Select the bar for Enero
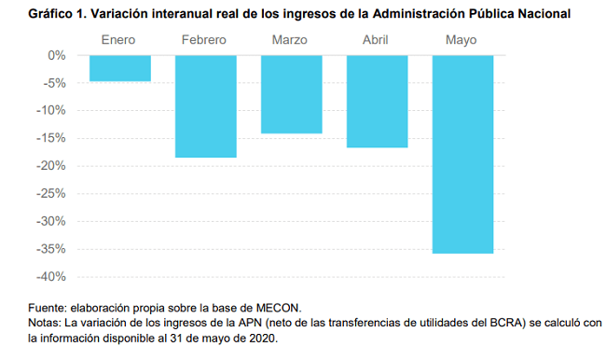click(120, 68)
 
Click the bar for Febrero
click(206, 106)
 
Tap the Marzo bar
click(292, 94)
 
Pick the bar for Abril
click(378, 102)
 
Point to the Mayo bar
click(463, 154)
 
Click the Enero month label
click(118, 40)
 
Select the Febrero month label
click(203, 40)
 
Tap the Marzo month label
click(289, 40)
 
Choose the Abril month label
click(376, 40)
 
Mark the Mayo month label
click(461, 40)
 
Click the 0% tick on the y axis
click(57, 56)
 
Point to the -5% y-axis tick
click(54, 83)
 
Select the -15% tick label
click(51, 138)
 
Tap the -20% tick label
click(51, 166)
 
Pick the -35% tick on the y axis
click(51, 249)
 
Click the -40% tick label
click(51, 277)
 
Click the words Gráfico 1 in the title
click(58, 14)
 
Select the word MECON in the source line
click(278, 308)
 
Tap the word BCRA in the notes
click(506, 323)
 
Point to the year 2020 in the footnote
click(262, 339)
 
